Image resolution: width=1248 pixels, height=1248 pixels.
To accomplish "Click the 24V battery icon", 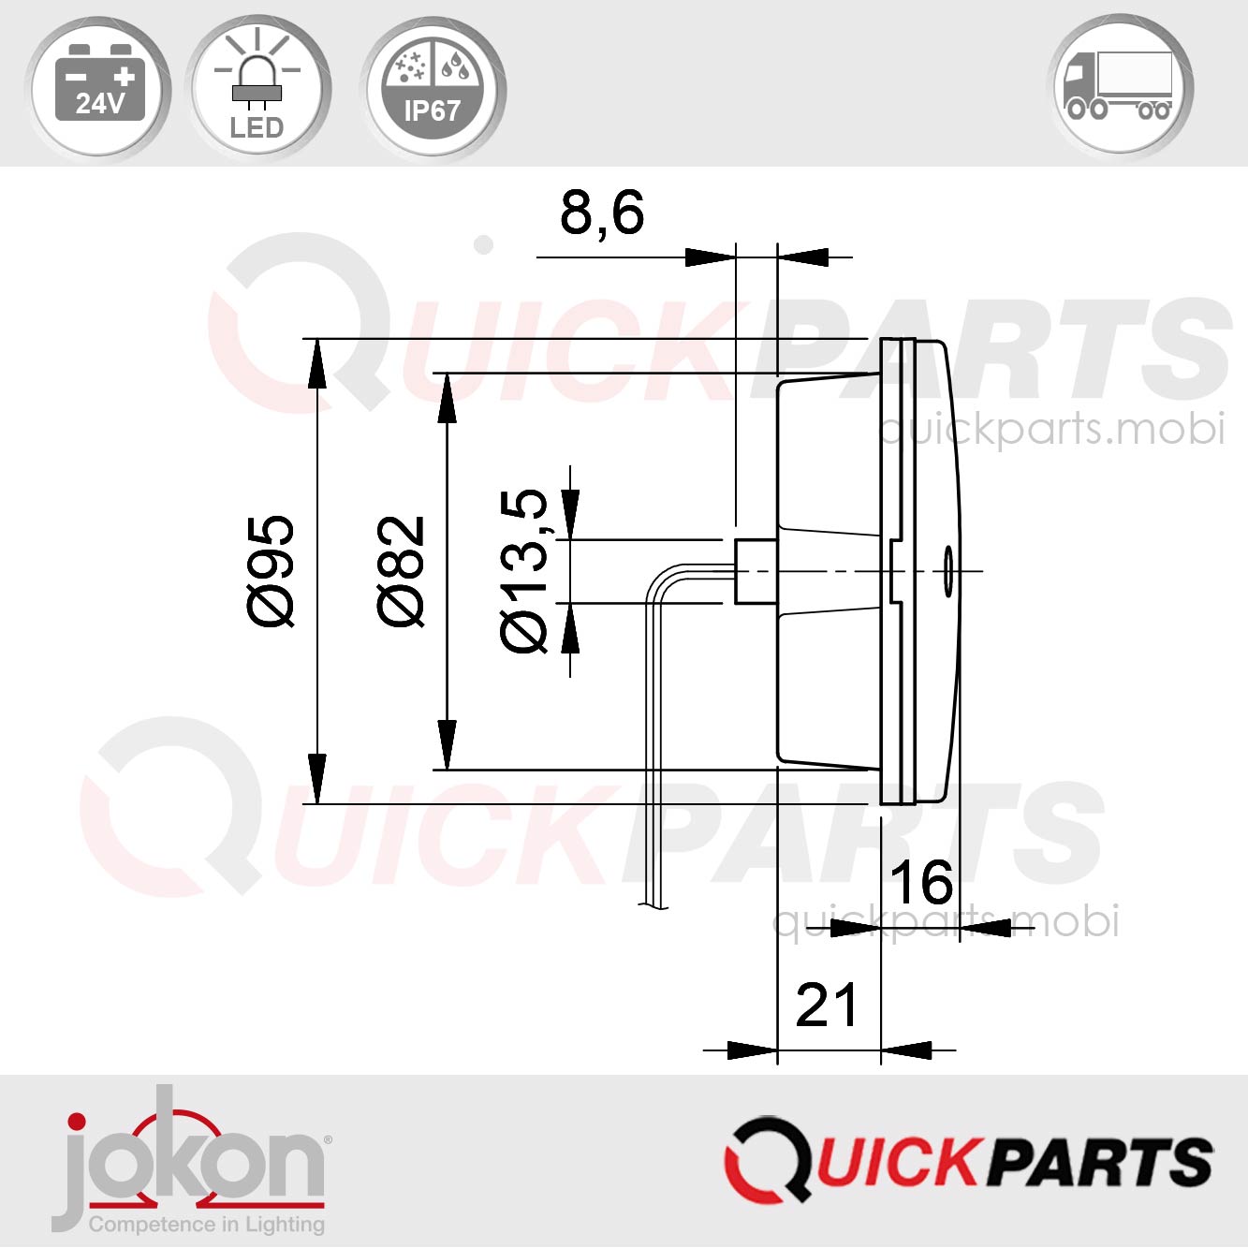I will coord(98,86).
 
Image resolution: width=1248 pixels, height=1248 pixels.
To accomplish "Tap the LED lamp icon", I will coord(257,88).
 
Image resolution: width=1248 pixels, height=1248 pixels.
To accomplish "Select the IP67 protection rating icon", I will coord(433,88).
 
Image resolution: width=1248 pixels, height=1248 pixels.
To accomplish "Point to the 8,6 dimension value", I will coord(602,213).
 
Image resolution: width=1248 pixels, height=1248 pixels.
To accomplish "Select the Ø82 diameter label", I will coord(402,570).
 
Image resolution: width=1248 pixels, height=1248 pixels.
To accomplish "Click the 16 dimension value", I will coord(921,882).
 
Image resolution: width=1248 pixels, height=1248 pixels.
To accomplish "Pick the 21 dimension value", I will coord(826,1006).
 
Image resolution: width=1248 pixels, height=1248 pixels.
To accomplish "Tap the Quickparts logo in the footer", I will coord(968,1159).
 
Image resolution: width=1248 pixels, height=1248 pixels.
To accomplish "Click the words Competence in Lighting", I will coord(207,1225).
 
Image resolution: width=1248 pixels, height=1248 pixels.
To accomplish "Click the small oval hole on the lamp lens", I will coord(947,570).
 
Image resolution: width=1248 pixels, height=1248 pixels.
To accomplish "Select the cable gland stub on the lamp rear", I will coord(756,570).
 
